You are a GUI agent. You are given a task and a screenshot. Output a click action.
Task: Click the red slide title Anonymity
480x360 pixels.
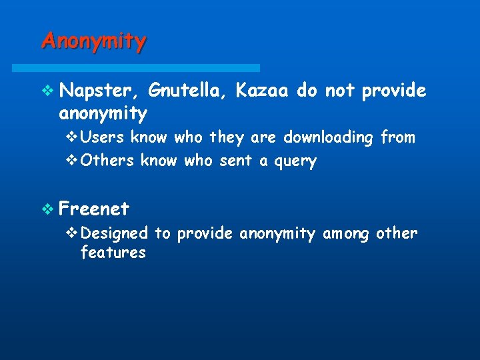[93, 41]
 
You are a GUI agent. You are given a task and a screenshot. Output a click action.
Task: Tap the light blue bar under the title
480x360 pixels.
[136, 68]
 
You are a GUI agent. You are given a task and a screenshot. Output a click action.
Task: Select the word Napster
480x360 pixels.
[99, 91]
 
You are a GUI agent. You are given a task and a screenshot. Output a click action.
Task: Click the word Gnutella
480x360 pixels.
[189, 91]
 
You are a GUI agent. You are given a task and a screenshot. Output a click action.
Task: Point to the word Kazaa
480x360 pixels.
[262, 91]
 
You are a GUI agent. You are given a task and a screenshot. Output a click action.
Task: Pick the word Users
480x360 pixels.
[103, 138]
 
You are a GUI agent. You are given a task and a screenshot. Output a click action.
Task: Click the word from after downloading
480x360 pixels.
[397, 138]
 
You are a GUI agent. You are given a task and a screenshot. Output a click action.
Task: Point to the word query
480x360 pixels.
[295, 161]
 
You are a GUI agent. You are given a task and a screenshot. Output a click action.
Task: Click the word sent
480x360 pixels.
[235, 161]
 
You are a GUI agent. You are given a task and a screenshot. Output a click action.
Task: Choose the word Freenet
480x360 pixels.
[94, 209]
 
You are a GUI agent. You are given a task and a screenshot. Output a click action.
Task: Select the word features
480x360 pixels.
[113, 253]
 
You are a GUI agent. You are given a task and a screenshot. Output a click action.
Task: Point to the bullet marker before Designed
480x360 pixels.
[73, 233]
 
